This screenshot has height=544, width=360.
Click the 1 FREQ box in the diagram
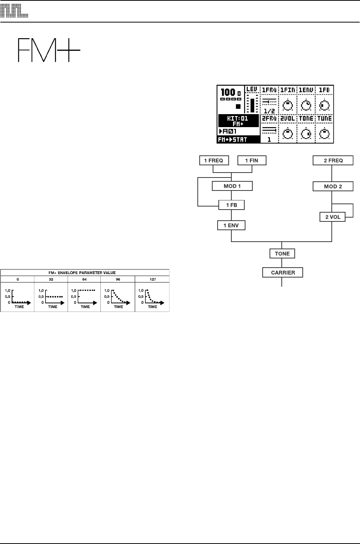214,161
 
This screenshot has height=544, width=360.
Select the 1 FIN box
252,161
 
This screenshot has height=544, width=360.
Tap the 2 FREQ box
333,161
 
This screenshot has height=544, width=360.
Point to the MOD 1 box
232,186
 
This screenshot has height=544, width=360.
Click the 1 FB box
231,205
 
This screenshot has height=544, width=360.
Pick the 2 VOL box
332,217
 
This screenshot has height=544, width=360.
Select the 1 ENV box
231,225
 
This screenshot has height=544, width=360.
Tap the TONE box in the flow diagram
282,253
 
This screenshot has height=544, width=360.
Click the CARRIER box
282,273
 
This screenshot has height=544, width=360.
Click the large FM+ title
48,50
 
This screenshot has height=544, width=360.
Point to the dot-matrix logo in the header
14,11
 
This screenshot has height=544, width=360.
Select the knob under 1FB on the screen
324,105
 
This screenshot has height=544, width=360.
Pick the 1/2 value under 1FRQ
269,110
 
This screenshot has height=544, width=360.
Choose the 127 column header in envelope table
152,279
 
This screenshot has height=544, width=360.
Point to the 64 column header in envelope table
85,279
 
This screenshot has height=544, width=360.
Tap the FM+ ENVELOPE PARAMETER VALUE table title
85,273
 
